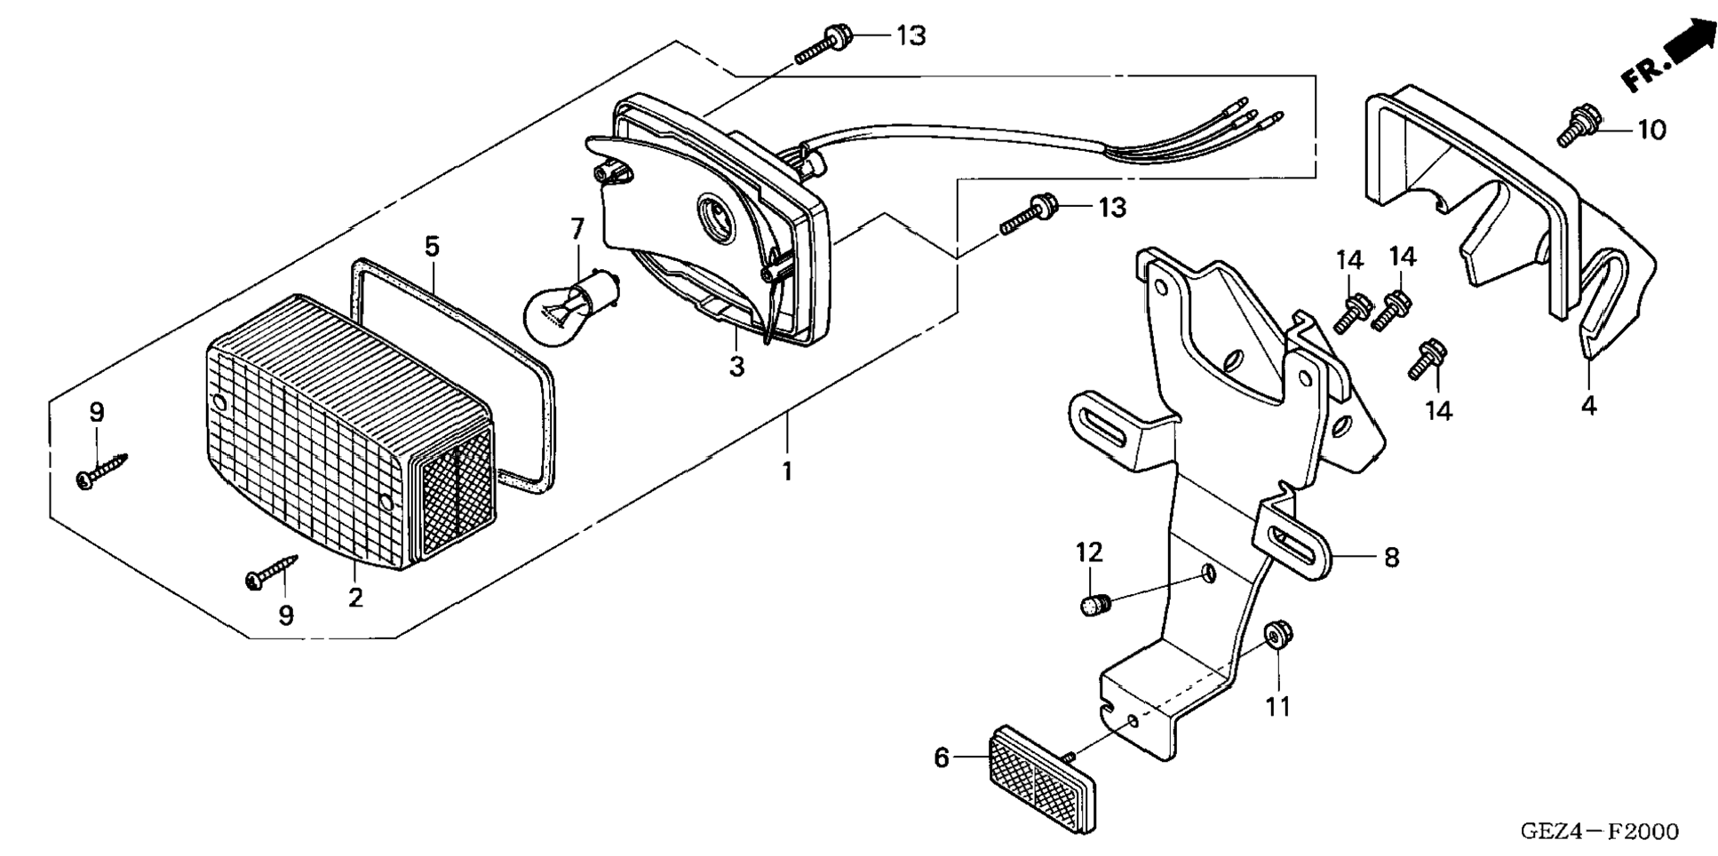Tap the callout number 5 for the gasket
tap(432, 246)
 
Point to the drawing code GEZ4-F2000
tap(1599, 832)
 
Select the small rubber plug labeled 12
tap(1091, 606)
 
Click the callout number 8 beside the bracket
tap(1391, 557)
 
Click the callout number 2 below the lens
tap(355, 598)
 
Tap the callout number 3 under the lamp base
tap(736, 366)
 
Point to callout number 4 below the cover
tap(1589, 406)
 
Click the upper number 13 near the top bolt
tap(911, 36)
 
